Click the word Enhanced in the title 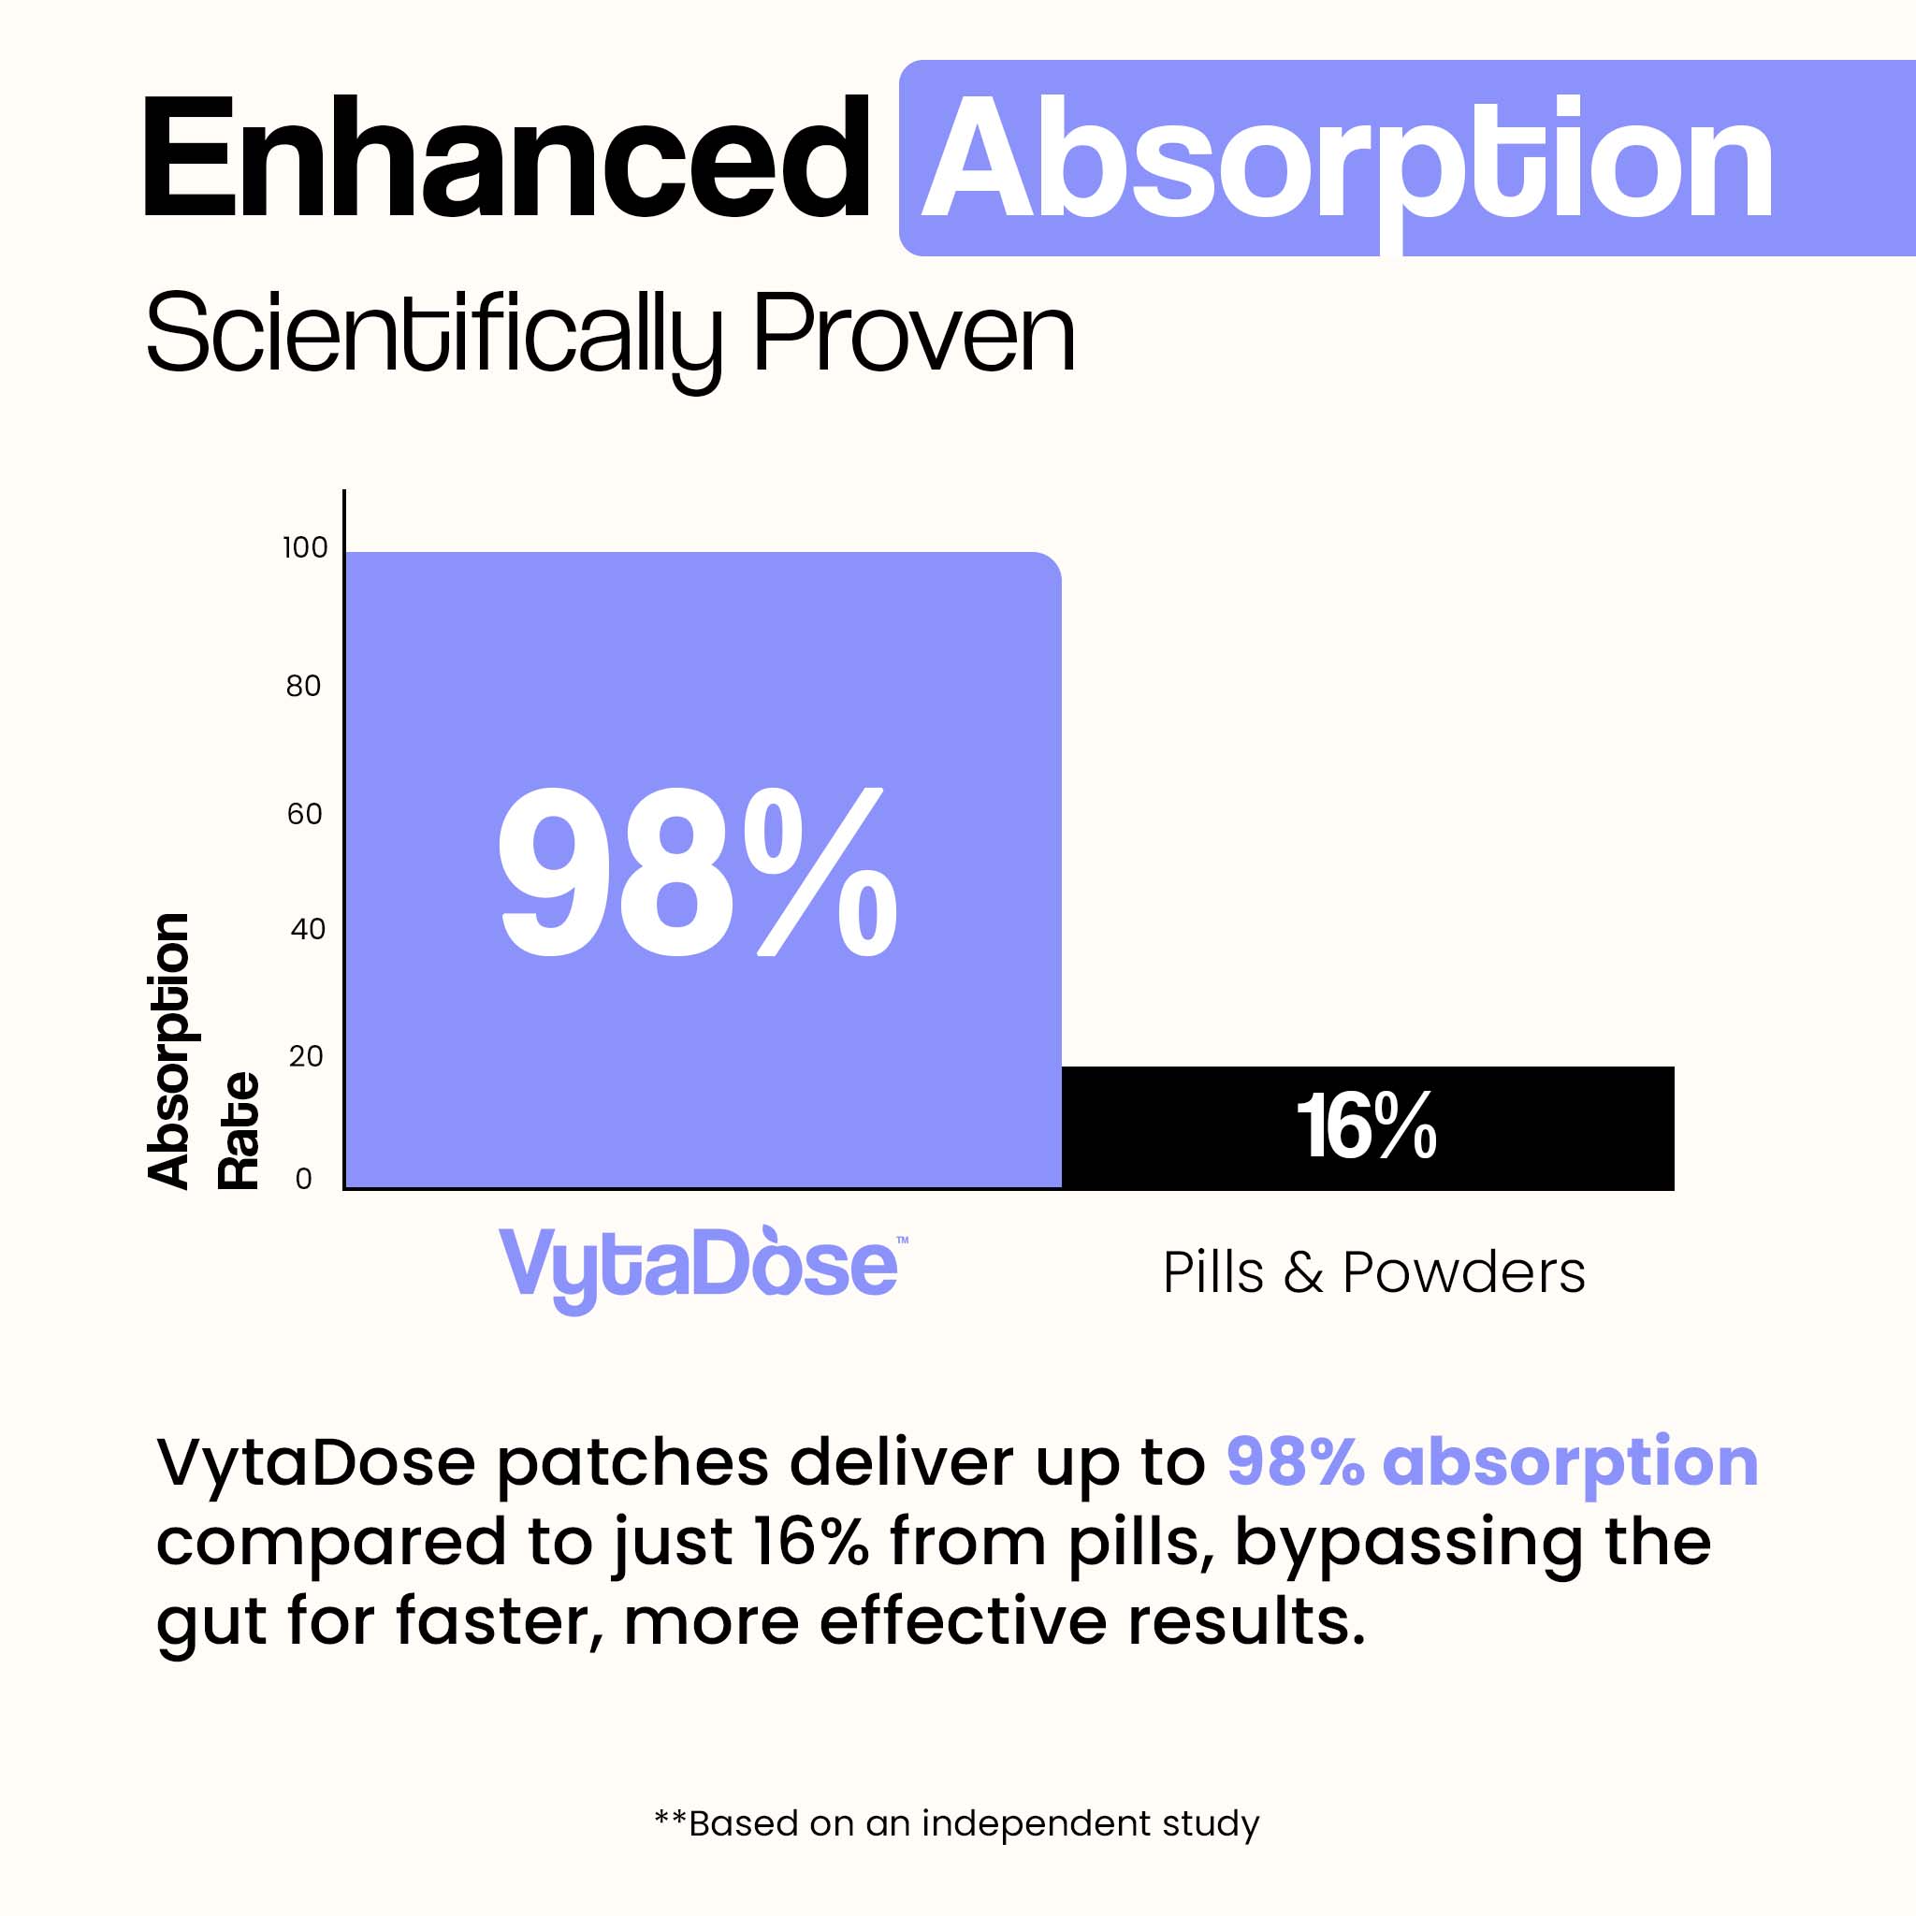[506, 156]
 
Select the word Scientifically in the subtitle [434, 337]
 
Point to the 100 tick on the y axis [304, 547]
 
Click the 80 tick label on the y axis [303, 685]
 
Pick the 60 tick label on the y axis [304, 814]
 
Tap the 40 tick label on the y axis [308, 929]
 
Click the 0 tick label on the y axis [303, 1179]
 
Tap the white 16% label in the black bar [1367, 1125]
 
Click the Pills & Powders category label [1373, 1272]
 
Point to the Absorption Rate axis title [203, 1052]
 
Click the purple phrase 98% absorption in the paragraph [1492, 1462]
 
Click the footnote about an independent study [957, 1823]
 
